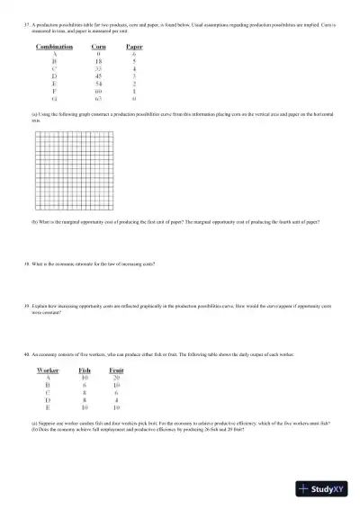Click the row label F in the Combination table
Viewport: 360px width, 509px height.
tap(55, 91)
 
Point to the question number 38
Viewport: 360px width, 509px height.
tap(28, 265)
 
